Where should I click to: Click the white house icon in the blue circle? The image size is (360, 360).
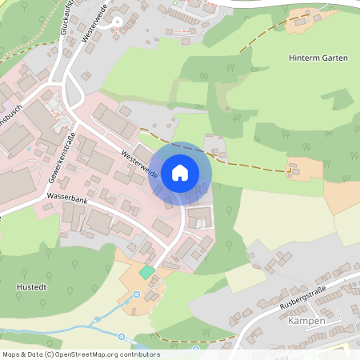point(180,172)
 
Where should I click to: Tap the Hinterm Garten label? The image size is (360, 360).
point(318,58)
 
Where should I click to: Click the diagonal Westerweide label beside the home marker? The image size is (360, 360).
point(140,162)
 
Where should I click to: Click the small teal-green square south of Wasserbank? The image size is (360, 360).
point(146,272)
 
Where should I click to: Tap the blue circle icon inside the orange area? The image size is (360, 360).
point(136,294)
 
